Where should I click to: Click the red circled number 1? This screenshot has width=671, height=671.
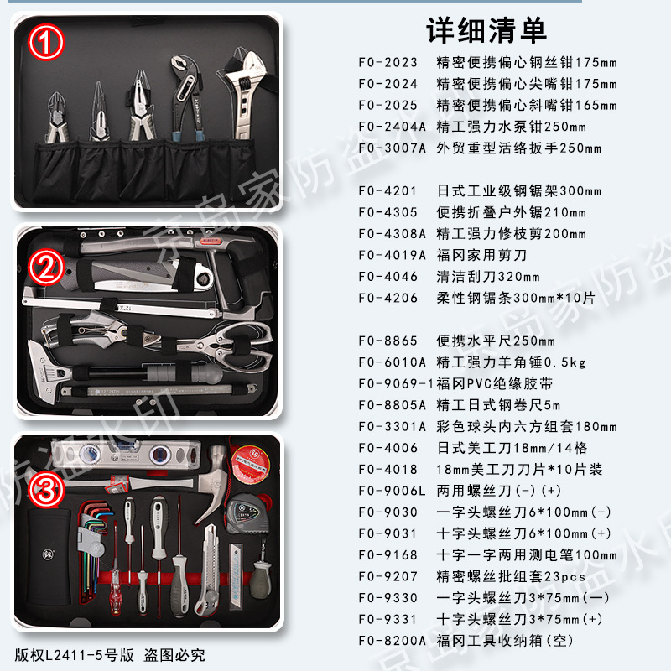pos(46,42)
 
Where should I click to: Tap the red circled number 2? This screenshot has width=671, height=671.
pos(46,268)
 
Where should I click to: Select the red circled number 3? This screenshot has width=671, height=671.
pos(46,490)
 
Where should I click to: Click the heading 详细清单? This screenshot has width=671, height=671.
pos(486,31)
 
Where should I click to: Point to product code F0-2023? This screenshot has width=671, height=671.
pos(388,62)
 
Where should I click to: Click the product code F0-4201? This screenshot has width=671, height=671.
pos(388,191)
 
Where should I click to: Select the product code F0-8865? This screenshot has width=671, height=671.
pos(388,341)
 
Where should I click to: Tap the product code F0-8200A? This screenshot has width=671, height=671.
pos(393,641)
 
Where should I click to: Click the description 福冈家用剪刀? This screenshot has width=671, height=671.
pos(481,255)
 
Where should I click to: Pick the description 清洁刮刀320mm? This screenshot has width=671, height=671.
pos(488,277)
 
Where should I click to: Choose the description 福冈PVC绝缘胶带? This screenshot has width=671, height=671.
pos(494,383)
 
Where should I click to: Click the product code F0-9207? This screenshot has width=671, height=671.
pos(388,576)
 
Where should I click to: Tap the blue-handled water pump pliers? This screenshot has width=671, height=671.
pos(185,96)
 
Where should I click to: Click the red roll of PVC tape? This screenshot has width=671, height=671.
pos(251,464)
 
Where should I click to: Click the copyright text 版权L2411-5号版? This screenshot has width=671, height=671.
pos(74,655)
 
